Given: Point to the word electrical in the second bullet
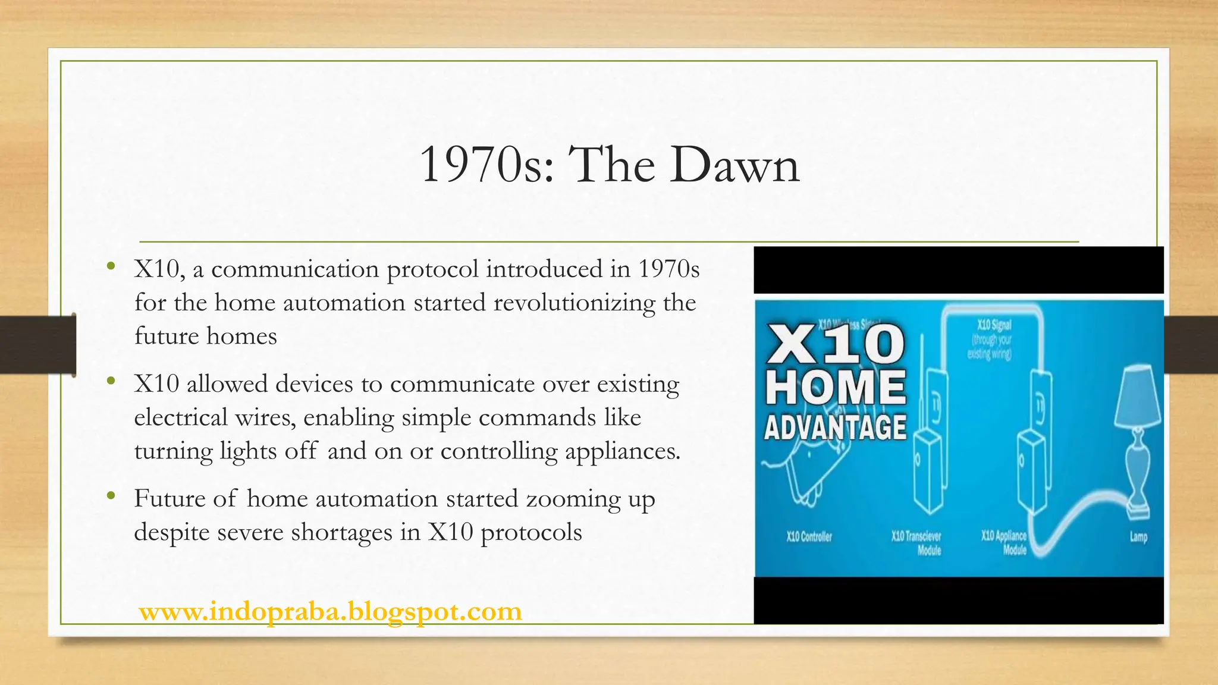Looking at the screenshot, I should (x=181, y=417).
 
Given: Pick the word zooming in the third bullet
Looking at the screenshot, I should (x=573, y=499).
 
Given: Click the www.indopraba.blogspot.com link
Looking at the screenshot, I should (x=330, y=611).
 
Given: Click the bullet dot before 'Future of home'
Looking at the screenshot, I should (x=110, y=495).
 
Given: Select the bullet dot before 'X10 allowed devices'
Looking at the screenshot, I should (x=110, y=381).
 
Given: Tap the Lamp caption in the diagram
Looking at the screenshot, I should (x=1138, y=537).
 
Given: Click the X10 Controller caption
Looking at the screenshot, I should (x=809, y=537).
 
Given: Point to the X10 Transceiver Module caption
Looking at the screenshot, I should (x=917, y=543).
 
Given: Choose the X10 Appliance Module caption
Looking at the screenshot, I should (x=1005, y=542).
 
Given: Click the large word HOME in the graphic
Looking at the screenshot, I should (x=835, y=387).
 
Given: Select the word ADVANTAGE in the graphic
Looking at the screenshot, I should (x=835, y=428).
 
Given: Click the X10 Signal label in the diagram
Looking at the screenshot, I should (x=994, y=325).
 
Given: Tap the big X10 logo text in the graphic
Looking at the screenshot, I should (x=835, y=345).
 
